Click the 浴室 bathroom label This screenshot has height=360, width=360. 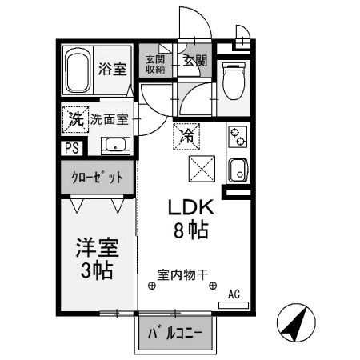point(112,68)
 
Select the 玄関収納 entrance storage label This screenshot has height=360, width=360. point(155,64)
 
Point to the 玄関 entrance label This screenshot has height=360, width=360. point(194,60)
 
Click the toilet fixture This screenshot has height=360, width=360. point(234,80)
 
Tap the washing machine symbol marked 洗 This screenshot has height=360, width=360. point(74,121)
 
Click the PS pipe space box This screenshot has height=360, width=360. point(70,147)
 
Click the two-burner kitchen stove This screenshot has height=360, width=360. point(237,138)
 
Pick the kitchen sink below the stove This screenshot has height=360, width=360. point(237,170)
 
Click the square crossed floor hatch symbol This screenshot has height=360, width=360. point(199,169)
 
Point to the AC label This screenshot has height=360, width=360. point(234,294)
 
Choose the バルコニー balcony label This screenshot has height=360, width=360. point(176,333)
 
